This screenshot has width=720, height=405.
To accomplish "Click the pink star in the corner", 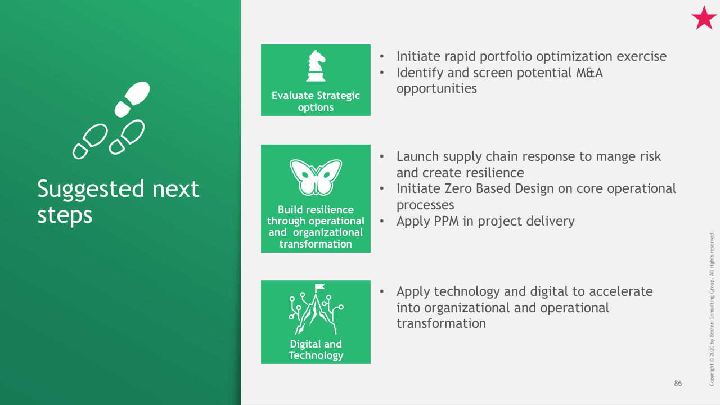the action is [x=704, y=19].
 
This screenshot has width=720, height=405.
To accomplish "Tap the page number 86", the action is [x=678, y=383].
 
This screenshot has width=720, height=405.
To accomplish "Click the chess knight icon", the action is [x=316, y=66].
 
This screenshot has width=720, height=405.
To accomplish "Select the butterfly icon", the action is [x=316, y=177].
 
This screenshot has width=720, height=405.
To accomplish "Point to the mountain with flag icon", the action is [x=316, y=309].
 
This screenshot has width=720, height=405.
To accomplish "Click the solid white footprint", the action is [x=132, y=98].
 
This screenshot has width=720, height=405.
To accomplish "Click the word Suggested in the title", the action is [x=91, y=190].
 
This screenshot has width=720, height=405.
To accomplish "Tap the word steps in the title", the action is [x=65, y=215].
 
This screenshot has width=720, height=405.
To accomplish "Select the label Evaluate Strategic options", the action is [x=316, y=101].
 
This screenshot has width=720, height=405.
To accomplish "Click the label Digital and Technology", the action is [x=316, y=350].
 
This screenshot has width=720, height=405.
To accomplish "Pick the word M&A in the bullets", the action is [x=589, y=73].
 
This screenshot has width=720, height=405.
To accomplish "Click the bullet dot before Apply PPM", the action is [x=382, y=221].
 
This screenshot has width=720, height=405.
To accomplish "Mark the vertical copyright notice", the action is [x=712, y=309].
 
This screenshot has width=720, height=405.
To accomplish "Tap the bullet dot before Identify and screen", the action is [x=382, y=73].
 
